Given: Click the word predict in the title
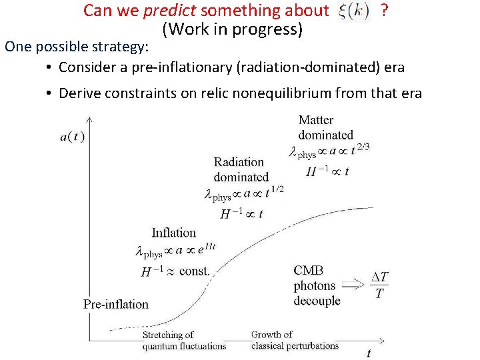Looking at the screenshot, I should click(x=170, y=11).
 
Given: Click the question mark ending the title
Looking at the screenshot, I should click(x=384, y=11).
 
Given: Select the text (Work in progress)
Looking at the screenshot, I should click(x=232, y=29).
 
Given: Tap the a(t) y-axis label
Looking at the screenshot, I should click(x=72, y=137).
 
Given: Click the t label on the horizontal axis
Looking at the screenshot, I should click(x=369, y=352).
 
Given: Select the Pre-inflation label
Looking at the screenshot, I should click(x=116, y=304).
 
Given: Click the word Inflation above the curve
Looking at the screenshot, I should click(x=174, y=233).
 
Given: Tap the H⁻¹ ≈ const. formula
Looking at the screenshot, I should click(x=175, y=271).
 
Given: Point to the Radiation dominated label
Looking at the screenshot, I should click(x=240, y=169).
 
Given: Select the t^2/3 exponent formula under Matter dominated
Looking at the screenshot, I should click(x=329, y=151).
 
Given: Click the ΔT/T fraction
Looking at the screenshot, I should click(x=379, y=285).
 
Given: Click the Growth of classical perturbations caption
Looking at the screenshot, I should click(x=294, y=340).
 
